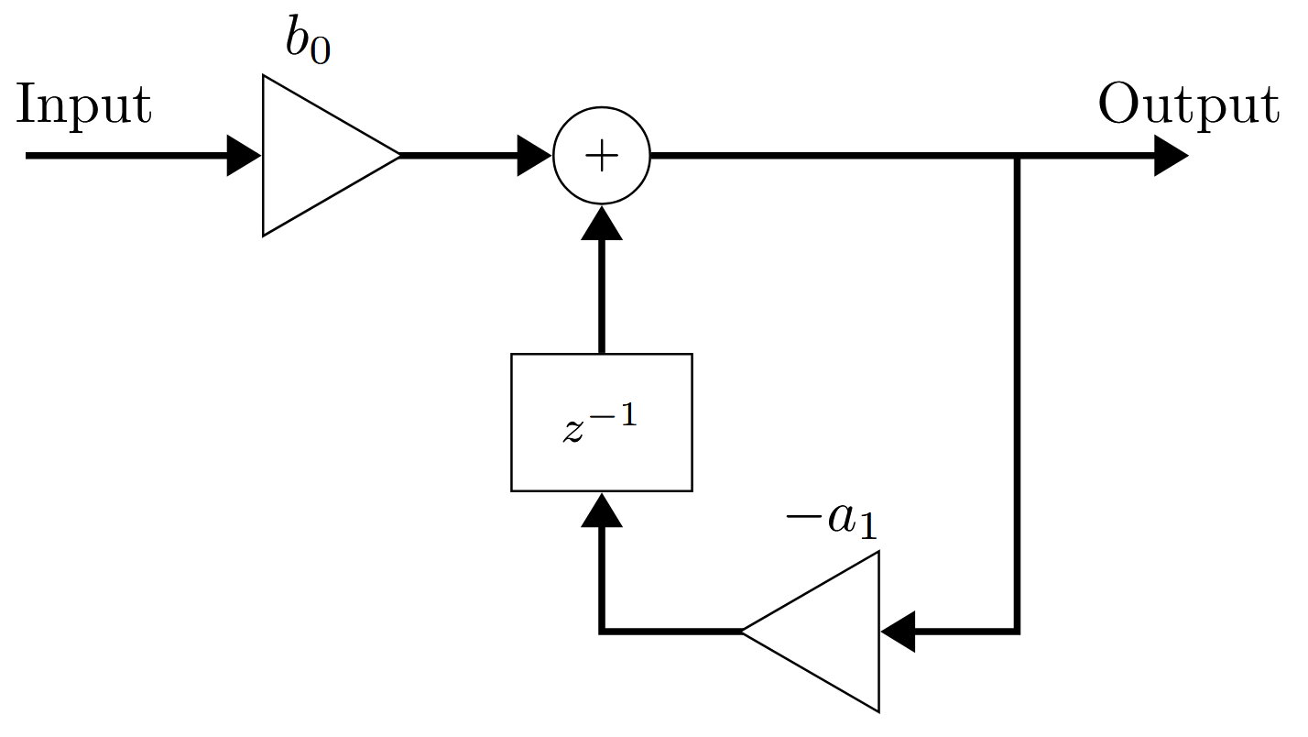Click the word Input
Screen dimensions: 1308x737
click(x=84, y=105)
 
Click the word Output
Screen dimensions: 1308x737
click(x=1189, y=105)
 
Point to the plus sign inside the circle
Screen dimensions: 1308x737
click(x=602, y=156)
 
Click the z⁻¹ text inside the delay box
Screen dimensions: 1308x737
click(x=600, y=423)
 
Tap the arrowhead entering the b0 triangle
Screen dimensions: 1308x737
click(x=244, y=156)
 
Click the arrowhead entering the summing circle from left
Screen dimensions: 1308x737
click(x=534, y=156)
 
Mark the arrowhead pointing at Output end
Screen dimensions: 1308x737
click(x=1172, y=156)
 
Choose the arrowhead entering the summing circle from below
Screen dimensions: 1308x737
click(x=602, y=223)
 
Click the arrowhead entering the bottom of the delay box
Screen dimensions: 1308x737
click(x=602, y=510)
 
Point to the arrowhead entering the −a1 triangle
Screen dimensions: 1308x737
click(x=898, y=632)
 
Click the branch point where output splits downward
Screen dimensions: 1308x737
click(x=1017, y=156)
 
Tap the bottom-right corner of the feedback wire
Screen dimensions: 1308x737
click(x=1017, y=632)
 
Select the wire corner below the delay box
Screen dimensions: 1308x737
click(x=602, y=632)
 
